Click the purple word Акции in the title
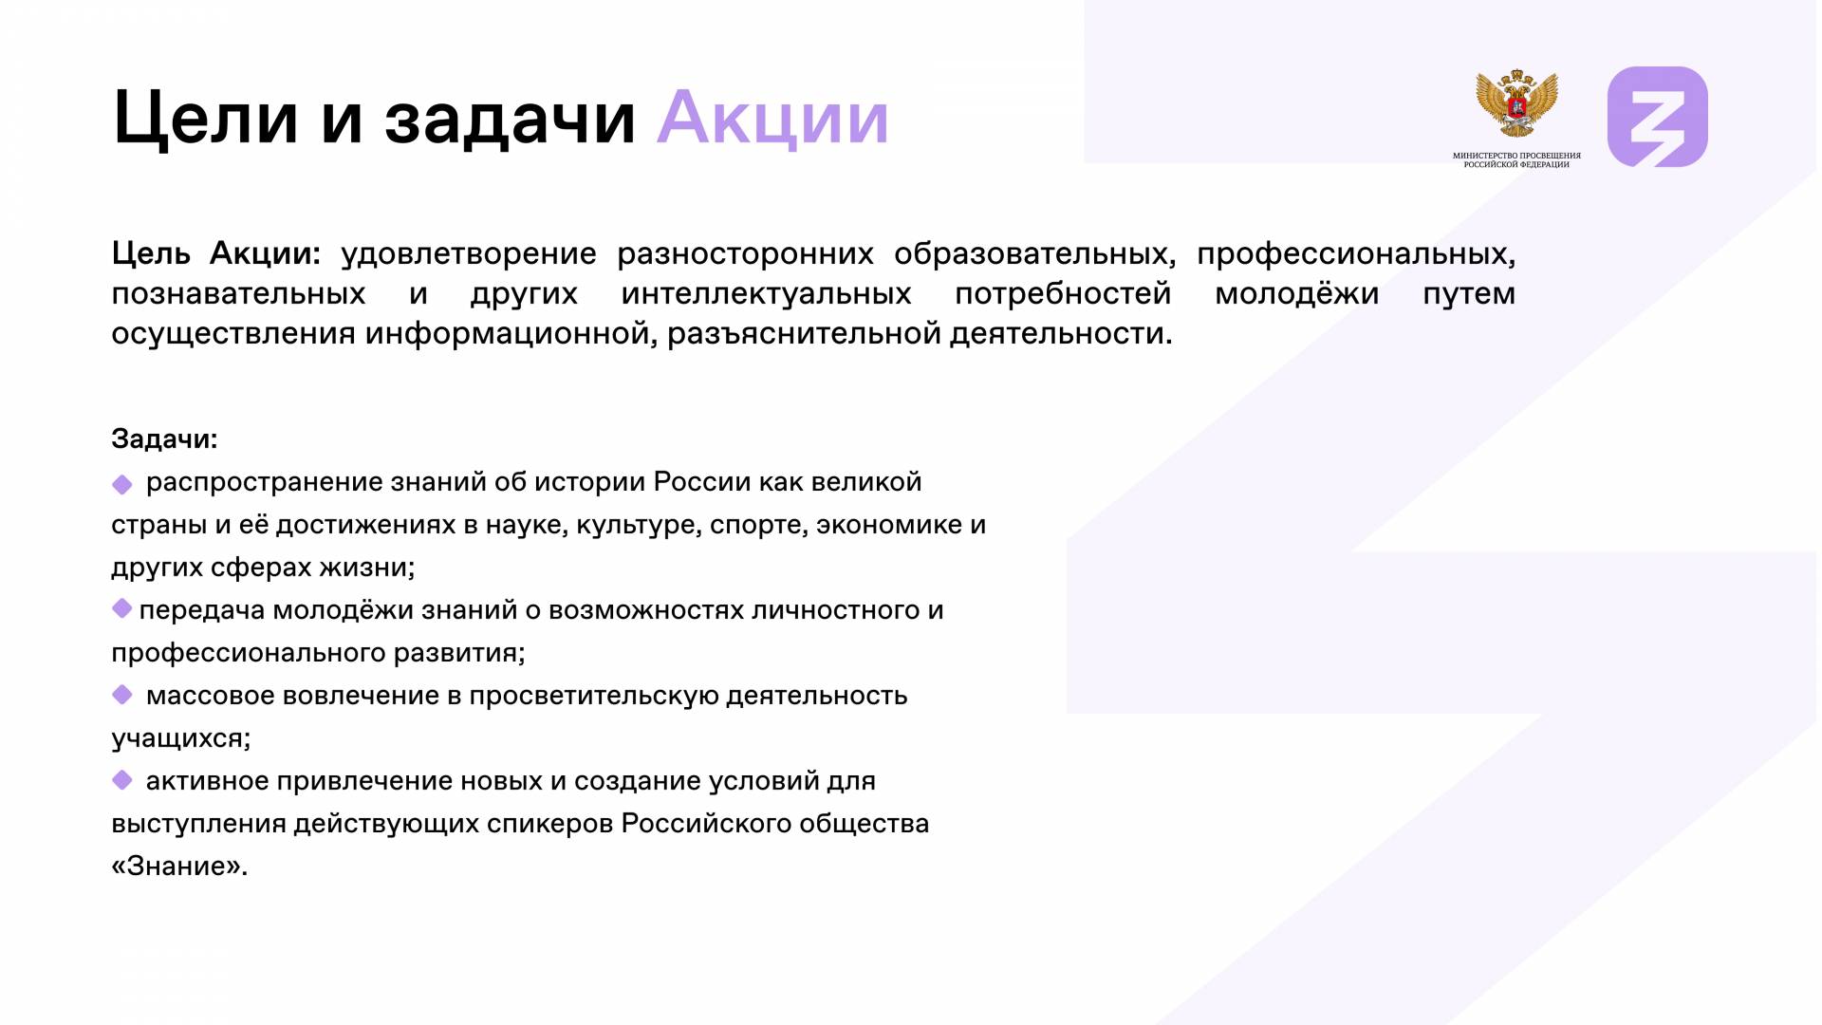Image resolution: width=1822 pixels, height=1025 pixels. tap(772, 119)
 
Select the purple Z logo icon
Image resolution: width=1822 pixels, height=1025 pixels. tap(1657, 117)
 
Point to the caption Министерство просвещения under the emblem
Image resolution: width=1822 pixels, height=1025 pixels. tap(1516, 156)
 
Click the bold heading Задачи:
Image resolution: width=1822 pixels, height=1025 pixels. tap(164, 438)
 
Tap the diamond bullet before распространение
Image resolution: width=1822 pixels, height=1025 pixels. tap(122, 485)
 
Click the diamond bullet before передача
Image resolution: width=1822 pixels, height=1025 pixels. tap(121, 608)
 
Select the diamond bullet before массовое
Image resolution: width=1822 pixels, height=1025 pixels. tap(122, 695)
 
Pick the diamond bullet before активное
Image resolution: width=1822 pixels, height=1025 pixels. tap(122, 780)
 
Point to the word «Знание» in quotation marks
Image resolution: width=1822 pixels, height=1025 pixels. tap(179, 867)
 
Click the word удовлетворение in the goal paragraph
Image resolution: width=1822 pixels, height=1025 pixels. tap(469, 254)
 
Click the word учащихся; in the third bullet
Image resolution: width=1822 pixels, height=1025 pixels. tap(181, 738)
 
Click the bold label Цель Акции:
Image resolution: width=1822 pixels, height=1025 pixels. tap(216, 254)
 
